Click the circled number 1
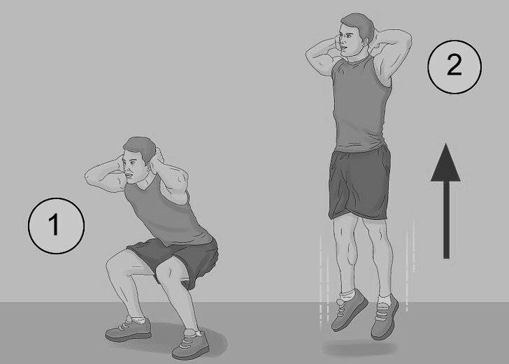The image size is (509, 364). coord(56,226)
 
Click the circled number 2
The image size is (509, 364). coord(454,67)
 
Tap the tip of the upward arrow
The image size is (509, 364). coord(446,144)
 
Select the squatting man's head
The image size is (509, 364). coord(139,156)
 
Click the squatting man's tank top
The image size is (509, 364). coord(166,214)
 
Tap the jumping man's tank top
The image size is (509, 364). coord(360,104)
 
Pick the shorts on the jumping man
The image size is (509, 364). coord(359,183)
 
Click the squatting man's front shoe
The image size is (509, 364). coord(192,344)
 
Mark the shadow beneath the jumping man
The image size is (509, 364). coord(359,349)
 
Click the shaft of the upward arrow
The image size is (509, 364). coord(446,219)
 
